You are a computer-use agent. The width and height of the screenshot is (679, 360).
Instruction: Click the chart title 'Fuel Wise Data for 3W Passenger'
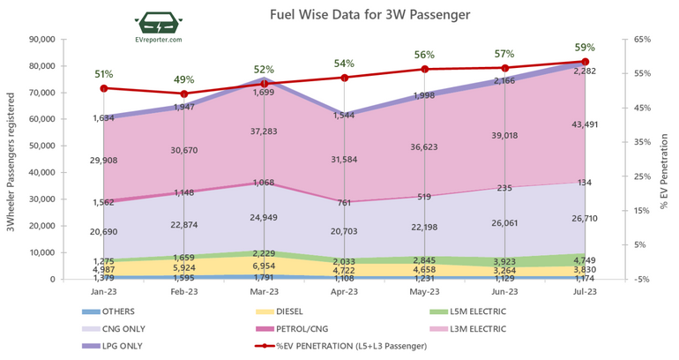(358, 15)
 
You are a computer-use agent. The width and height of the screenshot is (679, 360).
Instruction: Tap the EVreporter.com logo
(160, 29)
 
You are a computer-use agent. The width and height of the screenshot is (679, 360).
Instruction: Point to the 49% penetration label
(184, 78)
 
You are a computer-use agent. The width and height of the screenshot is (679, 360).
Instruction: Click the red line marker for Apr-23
(345, 78)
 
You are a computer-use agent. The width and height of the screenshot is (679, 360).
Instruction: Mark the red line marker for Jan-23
(104, 88)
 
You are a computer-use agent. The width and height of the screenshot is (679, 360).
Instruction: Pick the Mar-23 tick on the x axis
(265, 290)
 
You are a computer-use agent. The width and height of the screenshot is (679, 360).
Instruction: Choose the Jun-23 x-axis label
(504, 290)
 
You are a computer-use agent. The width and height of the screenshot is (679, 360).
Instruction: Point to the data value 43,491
(584, 124)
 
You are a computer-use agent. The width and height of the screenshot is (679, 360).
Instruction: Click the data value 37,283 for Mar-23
(265, 131)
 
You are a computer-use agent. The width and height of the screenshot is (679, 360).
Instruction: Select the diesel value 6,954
(265, 266)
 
